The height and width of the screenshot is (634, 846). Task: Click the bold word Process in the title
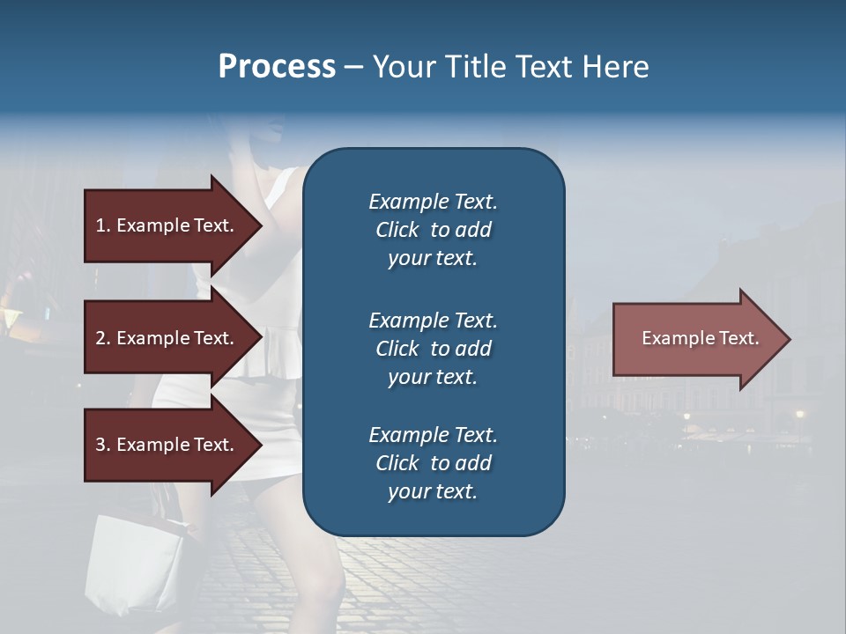coord(277,67)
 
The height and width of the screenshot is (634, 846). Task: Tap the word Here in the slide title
coord(615,67)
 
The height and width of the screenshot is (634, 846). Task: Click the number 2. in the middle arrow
coord(103,338)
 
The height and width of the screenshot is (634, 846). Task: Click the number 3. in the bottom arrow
coord(103,445)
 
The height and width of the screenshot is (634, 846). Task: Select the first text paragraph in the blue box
coord(433,230)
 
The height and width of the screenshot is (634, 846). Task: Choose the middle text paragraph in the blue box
coord(433,349)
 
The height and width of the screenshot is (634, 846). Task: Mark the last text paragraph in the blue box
coord(433,463)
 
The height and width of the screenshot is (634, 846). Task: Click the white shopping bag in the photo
coord(137,564)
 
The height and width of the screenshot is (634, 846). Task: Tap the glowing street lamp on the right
coord(799,414)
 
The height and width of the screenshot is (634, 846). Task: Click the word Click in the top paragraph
coord(397,230)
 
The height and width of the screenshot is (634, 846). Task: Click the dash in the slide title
coord(353,67)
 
